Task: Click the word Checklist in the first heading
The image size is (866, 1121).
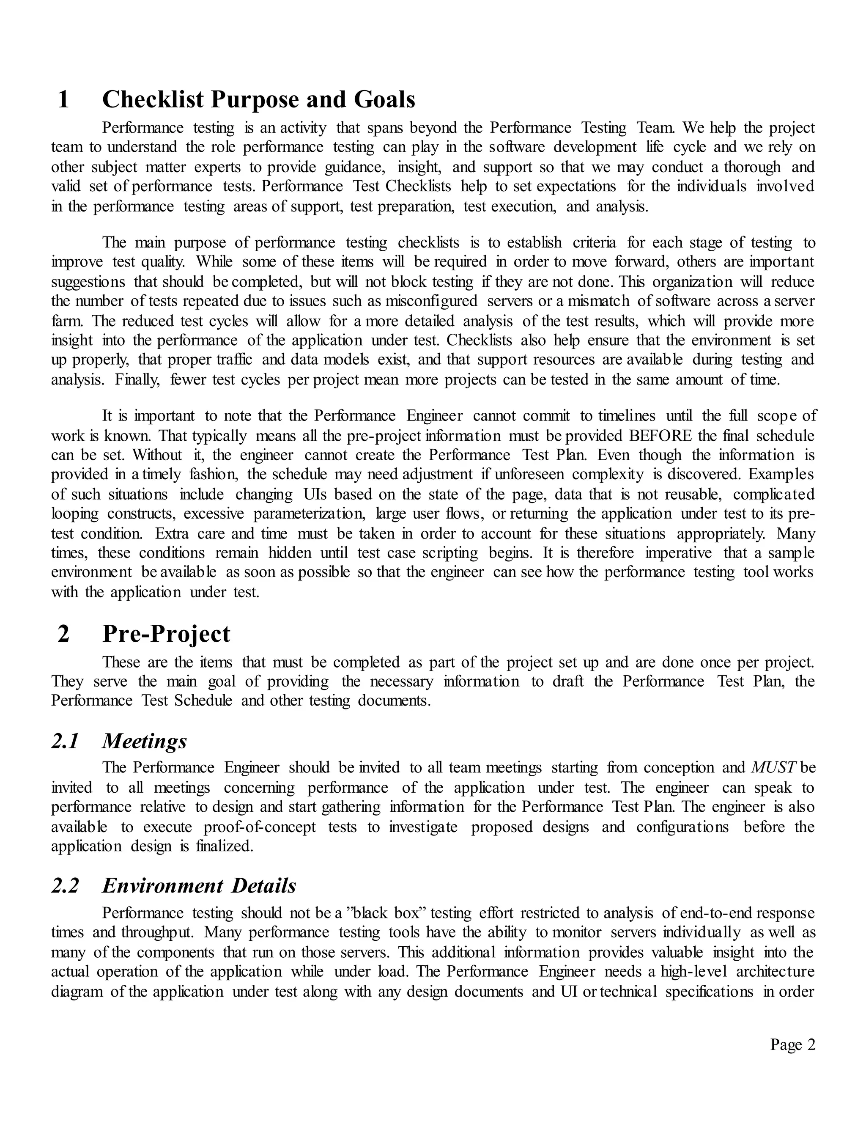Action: pyautogui.click(x=153, y=99)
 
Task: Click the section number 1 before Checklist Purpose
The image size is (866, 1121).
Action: pyautogui.click(x=63, y=99)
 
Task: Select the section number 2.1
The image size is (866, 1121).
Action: pyautogui.click(x=65, y=741)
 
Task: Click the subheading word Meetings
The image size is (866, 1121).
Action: pyautogui.click(x=145, y=741)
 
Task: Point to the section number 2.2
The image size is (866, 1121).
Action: pyautogui.click(x=65, y=885)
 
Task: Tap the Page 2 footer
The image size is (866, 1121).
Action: pyautogui.click(x=792, y=1044)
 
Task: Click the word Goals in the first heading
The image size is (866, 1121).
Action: pyautogui.click(x=384, y=99)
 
